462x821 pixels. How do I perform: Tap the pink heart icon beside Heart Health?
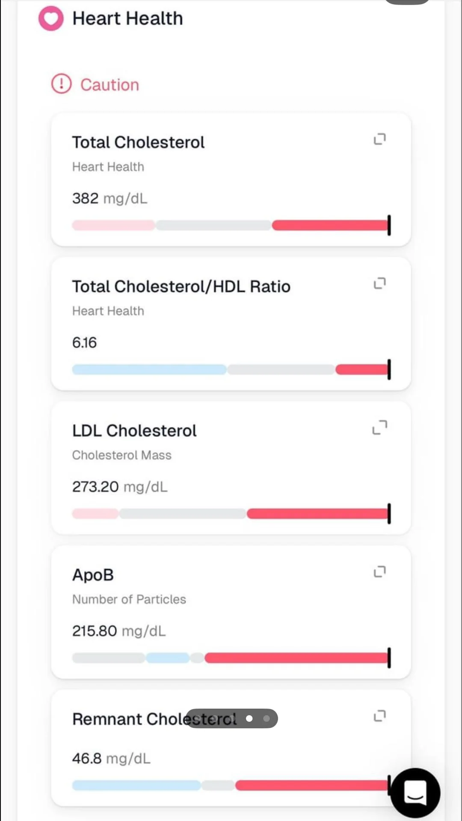click(51, 18)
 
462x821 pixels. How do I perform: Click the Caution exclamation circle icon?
click(61, 84)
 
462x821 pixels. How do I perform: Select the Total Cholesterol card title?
click(138, 142)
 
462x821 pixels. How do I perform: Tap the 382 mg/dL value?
click(110, 198)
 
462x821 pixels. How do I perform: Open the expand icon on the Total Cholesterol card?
click(380, 139)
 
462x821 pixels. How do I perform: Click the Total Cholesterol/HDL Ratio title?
click(181, 286)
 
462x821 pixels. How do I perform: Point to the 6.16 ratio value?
click(84, 342)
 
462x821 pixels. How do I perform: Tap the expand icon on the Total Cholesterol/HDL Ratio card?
click(380, 283)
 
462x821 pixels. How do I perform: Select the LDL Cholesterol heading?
click(134, 430)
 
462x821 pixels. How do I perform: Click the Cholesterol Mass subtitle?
click(121, 455)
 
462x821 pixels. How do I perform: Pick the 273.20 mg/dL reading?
click(120, 487)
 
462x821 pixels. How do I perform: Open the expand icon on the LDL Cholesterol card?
click(380, 427)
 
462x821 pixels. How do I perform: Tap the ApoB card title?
click(93, 575)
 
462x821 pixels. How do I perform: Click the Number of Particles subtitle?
click(129, 599)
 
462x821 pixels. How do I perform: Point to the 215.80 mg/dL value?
click(118, 631)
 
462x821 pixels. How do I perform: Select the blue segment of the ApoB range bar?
click(168, 658)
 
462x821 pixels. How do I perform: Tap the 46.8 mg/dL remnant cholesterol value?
click(111, 759)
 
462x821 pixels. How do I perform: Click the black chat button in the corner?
click(415, 793)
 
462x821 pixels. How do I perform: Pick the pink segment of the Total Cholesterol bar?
click(113, 225)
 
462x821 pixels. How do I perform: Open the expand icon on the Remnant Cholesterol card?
click(380, 715)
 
